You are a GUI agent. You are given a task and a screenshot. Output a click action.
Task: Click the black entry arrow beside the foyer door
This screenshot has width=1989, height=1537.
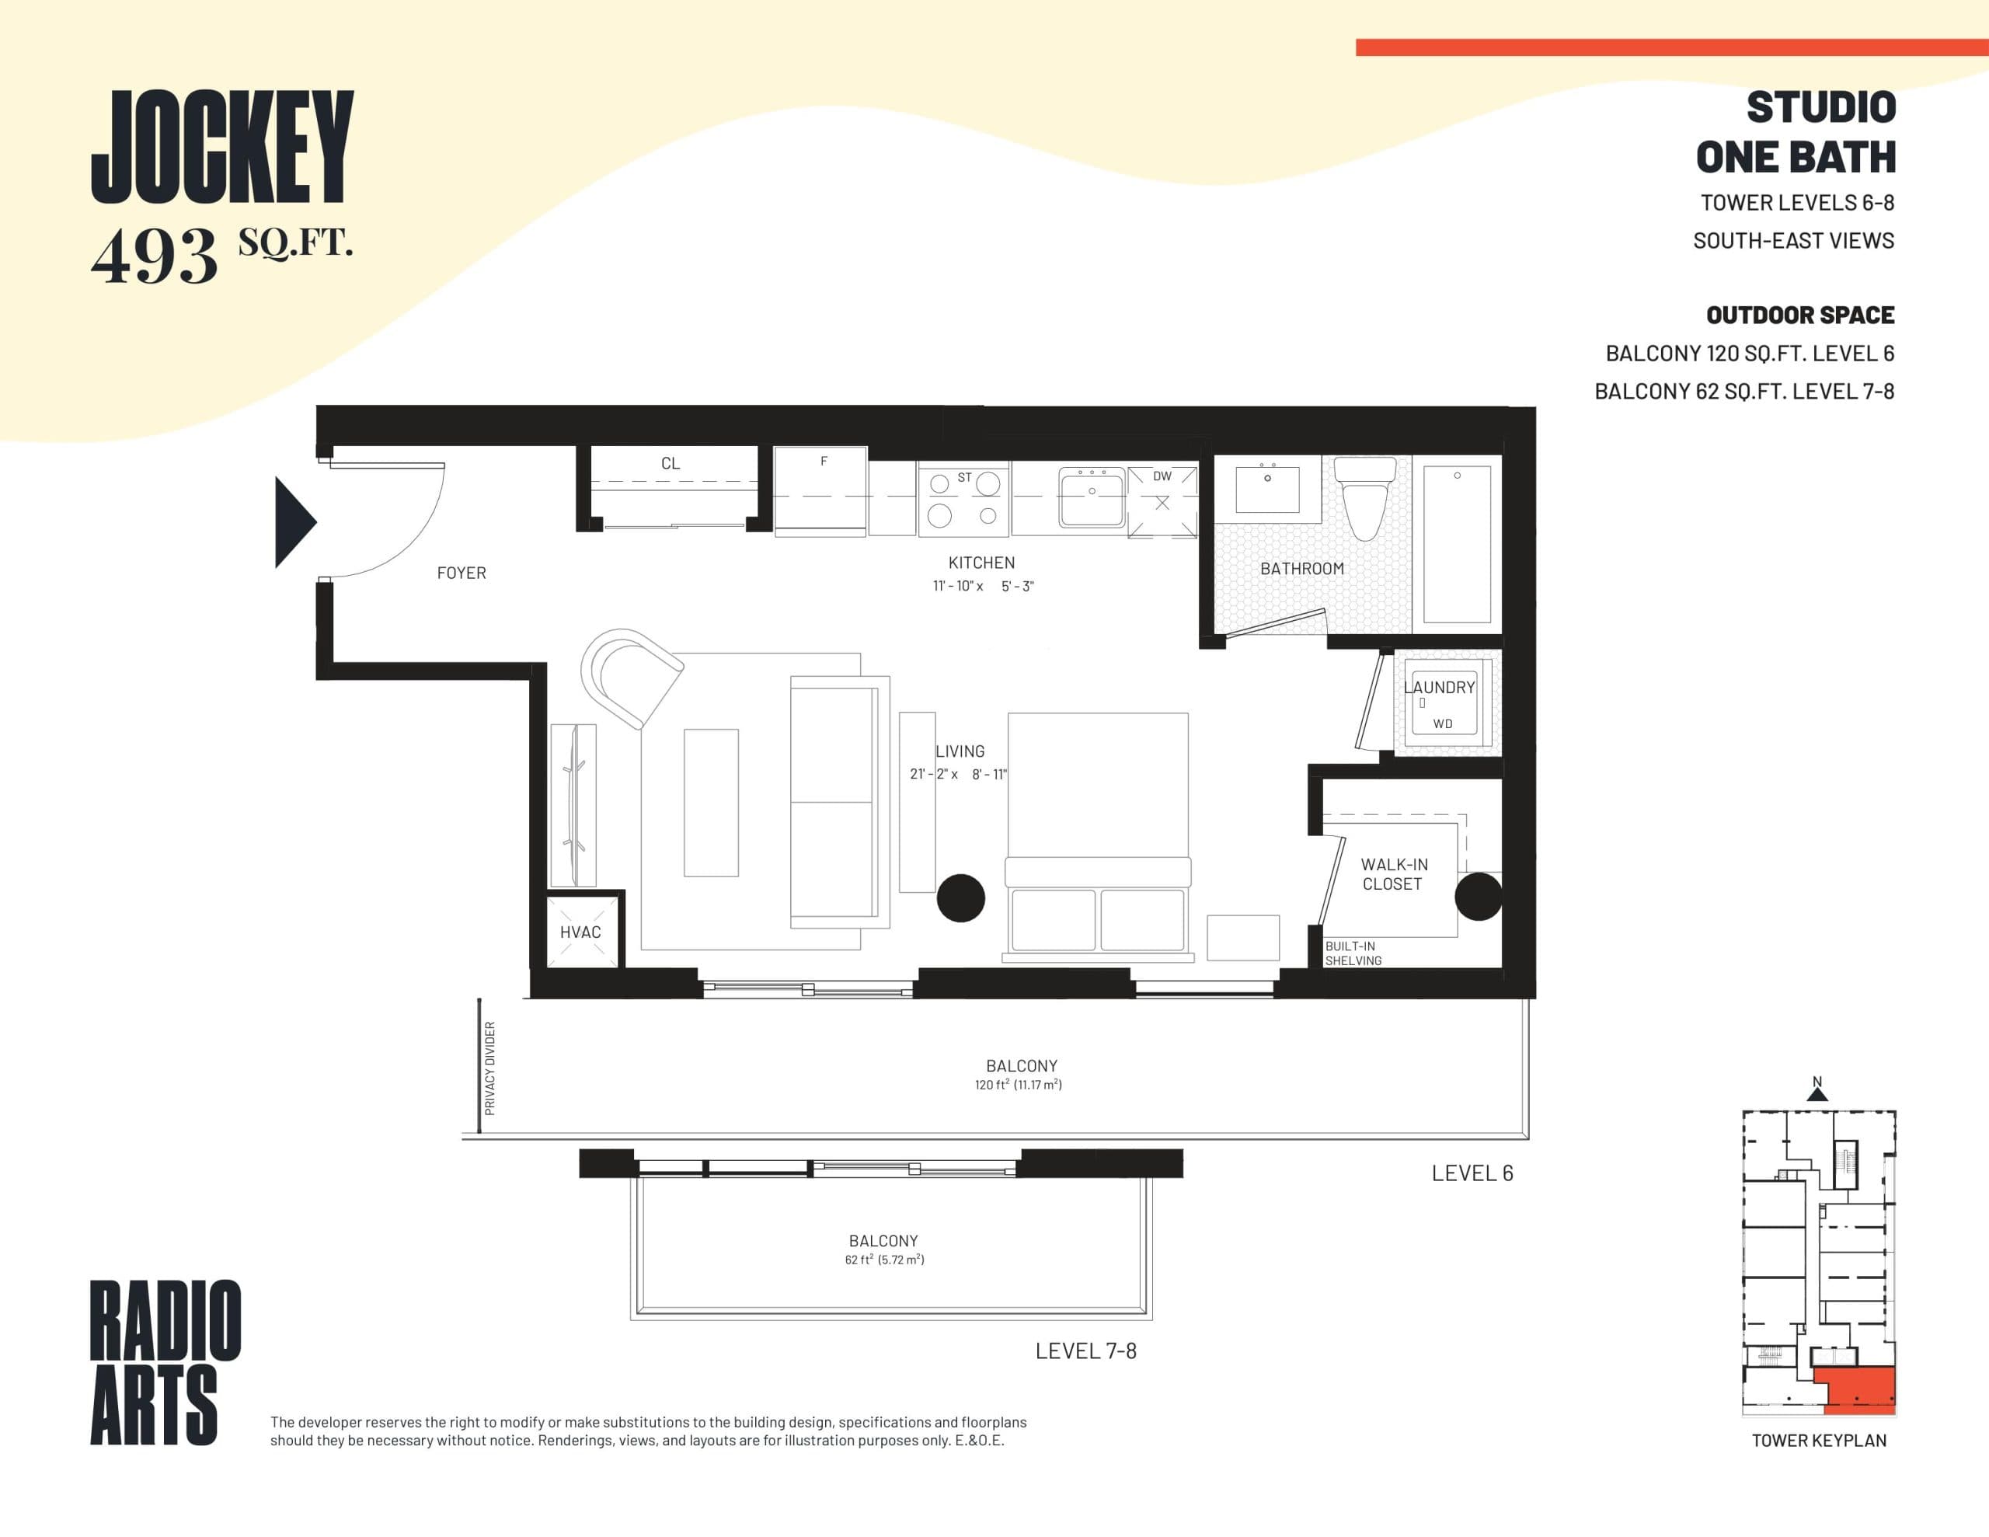[x=293, y=522]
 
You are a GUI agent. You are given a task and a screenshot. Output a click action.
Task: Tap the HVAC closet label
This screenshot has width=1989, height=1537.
[x=580, y=932]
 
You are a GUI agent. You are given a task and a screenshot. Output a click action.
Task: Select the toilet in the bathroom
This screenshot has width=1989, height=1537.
[x=1364, y=500]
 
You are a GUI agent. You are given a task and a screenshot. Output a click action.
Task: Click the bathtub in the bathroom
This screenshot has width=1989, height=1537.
[x=1456, y=544]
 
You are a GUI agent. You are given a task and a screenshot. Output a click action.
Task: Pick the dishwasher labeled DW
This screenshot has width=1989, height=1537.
[x=1162, y=502]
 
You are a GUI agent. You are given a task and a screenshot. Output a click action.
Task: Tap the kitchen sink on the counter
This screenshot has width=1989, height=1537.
[x=1092, y=497]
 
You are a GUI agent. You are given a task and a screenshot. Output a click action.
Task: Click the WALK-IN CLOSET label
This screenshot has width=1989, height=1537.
[x=1393, y=873]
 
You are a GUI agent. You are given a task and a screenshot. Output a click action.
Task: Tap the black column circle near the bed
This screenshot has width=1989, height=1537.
[x=961, y=897]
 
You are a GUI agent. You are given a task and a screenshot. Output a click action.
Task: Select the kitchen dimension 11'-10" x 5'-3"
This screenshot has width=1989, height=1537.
[x=983, y=586]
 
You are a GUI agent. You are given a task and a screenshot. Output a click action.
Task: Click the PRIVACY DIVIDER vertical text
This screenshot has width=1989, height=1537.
[x=490, y=1068]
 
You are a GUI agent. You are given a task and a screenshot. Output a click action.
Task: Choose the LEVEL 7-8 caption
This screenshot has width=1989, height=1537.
[x=1085, y=1351]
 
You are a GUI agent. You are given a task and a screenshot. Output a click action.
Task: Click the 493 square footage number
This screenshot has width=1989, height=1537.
[x=155, y=256]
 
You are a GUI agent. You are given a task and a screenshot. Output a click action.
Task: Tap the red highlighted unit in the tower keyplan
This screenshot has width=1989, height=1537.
[x=1863, y=1389]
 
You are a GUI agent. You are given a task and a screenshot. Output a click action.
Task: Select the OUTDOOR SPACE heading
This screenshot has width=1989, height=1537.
[x=1799, y=315]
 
